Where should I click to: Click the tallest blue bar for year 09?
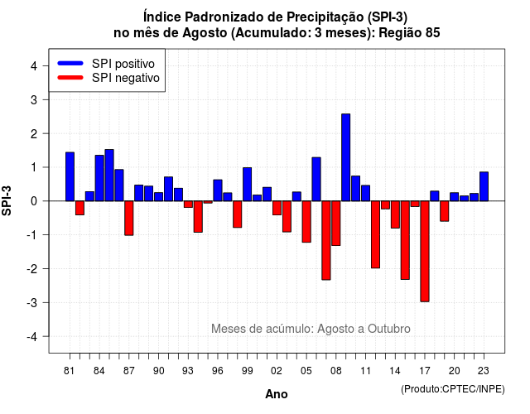click(346, 157)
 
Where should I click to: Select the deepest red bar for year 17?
click(425, 252)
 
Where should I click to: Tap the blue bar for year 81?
click(70, 176)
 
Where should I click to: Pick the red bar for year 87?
click(129, 219)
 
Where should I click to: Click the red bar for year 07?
click(326, 241)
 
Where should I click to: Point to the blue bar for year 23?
click(484, 186)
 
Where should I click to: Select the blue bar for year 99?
click(247, 184)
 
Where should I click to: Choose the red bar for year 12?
click(375, 234)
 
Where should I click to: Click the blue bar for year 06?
click(316, 179)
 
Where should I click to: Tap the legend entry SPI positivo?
click(123, 64)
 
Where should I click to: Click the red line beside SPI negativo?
click(70, 78)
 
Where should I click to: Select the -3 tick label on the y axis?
click(31, 302)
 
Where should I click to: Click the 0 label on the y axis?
click(33, 201)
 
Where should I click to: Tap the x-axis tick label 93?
click(188, 371)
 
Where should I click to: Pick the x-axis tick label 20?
click(455, 371)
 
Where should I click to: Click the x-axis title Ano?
click(277, 394)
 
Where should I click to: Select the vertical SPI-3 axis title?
click(7, 200)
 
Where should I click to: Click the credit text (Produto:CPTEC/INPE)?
click(453, 389)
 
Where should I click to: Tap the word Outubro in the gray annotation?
click(389, 329)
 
